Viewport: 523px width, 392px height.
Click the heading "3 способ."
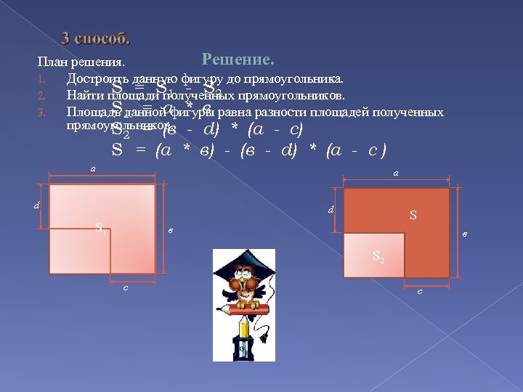click(95, 38)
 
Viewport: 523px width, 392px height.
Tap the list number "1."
click(43, 78)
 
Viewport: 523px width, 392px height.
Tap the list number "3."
click(43, 112)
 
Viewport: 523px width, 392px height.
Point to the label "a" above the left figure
click(92, 168)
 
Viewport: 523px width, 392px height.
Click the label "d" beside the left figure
click(36, 205)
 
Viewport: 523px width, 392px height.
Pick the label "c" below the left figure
click(126, 288)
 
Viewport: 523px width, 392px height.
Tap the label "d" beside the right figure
click(331, 211)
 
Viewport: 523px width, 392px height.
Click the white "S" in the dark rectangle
click(413, 215)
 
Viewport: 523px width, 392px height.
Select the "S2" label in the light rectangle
click(378, 256)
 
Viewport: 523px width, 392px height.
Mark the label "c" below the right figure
click(420, 292)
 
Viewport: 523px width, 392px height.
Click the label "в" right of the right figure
click(464, 234)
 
